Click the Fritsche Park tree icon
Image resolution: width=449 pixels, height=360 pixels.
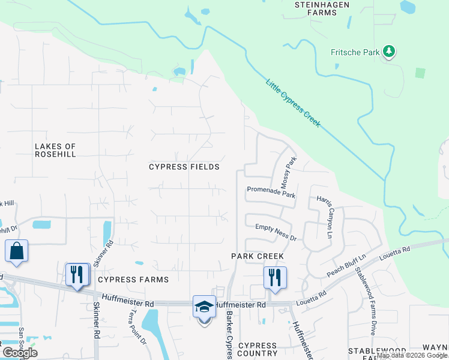click(x=390, y=52)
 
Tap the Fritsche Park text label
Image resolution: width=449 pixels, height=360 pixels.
click(x=355, y=53)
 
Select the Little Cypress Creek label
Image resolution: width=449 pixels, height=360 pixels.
click(x=293, y=102)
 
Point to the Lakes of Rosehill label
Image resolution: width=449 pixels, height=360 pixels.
click(x=55, y=150)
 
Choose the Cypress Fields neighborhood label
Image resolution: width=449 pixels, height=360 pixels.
click(x=184, y=167)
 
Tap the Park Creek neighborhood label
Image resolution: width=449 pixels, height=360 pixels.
click(x=258, y=256)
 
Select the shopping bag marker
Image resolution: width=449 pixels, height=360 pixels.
click(x=17, y=251)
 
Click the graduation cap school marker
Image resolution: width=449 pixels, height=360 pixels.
click(x=204, y=307)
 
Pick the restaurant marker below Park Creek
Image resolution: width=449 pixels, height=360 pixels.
click(x=275, y=278)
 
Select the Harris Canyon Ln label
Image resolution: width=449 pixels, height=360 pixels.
click(x=327, y=217)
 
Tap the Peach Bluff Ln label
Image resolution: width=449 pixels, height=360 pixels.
click(x=346, y=265)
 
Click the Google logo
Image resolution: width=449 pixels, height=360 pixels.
click(x=20, y=353)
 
